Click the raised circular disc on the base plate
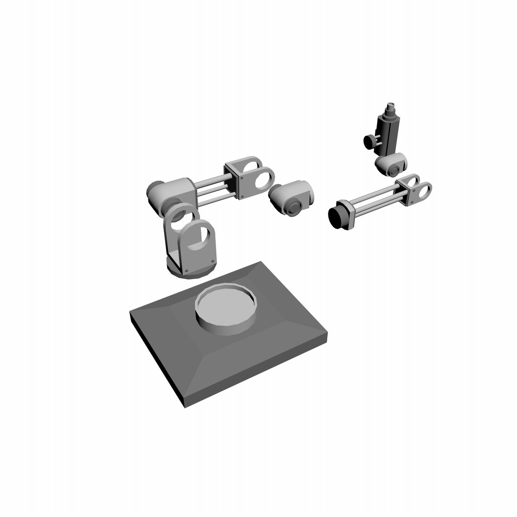(x=225, y=307)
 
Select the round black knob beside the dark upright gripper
(x=369, y=142)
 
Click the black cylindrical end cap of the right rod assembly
(x=337, y=217)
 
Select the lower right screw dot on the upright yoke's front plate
(x=212, y=260)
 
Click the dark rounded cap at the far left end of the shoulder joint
(x=154, y=189)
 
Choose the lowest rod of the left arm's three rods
(x=215, y=200)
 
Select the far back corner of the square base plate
(x=261, y=262)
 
